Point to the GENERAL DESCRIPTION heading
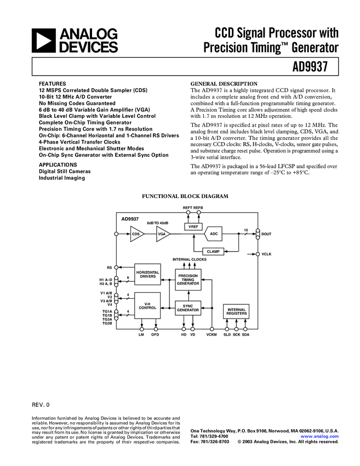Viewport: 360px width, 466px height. [223, 83]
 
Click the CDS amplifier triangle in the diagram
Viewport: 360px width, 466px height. [136, 234]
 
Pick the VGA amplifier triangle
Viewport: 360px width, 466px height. [162, 234]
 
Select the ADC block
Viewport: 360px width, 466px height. [214, 234]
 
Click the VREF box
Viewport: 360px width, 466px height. [193, 226]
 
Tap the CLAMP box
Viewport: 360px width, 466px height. [214, 251]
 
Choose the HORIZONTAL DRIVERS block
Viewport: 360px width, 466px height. [147, 275]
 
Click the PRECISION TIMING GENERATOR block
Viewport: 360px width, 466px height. [188, 279]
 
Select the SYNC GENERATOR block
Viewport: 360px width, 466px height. [188, 308]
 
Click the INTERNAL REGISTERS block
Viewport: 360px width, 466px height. [237, 312]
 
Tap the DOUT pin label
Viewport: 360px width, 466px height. [266, 234]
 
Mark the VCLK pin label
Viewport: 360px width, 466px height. [267, 254]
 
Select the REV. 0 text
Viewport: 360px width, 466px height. [41, 405]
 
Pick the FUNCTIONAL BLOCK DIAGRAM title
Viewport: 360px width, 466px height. [185, 196]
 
